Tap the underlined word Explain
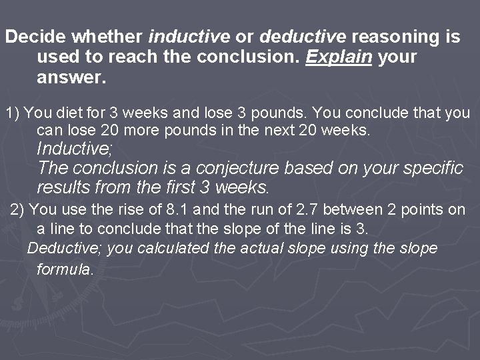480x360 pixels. pyautogui.click(x=339, y=57)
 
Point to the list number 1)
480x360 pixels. pyautogui.click(x=13, y=113)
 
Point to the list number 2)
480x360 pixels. pyautogui.click(x=17, y=210)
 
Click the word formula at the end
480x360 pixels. pyautogui.click(x=65, y=270)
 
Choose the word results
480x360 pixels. pyautogui.click(x=63, y=187)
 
